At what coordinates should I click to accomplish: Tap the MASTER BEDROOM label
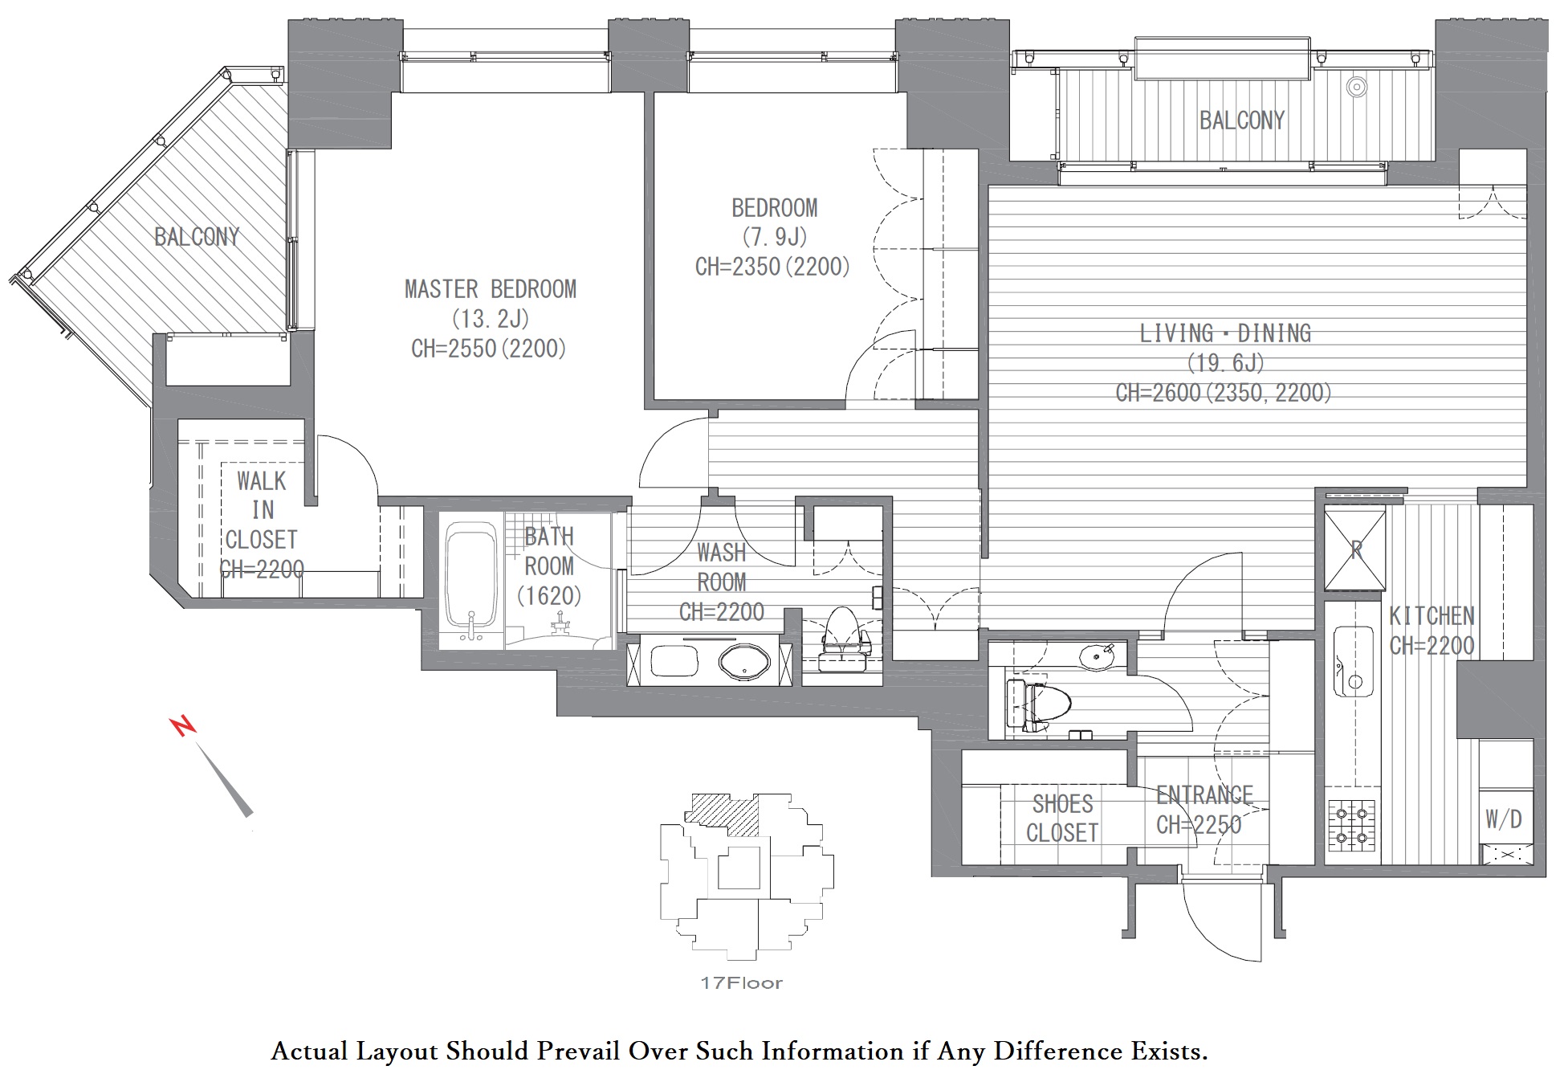pos(491,289)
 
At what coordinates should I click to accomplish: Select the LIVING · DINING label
pos(1225,333)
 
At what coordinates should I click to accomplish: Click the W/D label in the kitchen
pos(1503,819)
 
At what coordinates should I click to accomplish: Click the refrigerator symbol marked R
pos(1355,550)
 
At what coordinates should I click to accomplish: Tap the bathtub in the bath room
pos(471,582)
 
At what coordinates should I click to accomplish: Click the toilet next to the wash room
pos(844,639)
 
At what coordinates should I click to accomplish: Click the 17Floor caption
pos(741,982)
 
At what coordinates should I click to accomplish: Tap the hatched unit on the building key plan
pos(723,815)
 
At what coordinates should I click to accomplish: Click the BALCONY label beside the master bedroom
pos(197,237)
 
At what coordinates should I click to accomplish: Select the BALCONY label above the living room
pos(1242,120)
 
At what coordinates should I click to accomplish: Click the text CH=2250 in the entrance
pos(1199,825)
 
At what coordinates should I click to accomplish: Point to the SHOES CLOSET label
pos(1062,819)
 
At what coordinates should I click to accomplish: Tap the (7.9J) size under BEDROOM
pos(774,237)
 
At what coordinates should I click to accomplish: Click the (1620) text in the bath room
pos(549,596)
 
